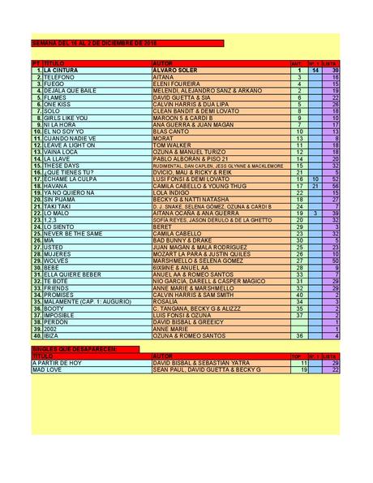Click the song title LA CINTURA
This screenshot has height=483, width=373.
(61, 71)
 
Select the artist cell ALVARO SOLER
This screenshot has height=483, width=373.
(174, 71)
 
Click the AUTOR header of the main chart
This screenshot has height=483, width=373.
(163, 63)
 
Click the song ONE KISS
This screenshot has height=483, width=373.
(57, 104)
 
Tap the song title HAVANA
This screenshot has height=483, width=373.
(54, 185)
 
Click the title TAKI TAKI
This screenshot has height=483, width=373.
(57, 205)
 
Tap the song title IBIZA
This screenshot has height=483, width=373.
(52, 334)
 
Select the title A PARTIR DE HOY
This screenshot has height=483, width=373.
(57, 362)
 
